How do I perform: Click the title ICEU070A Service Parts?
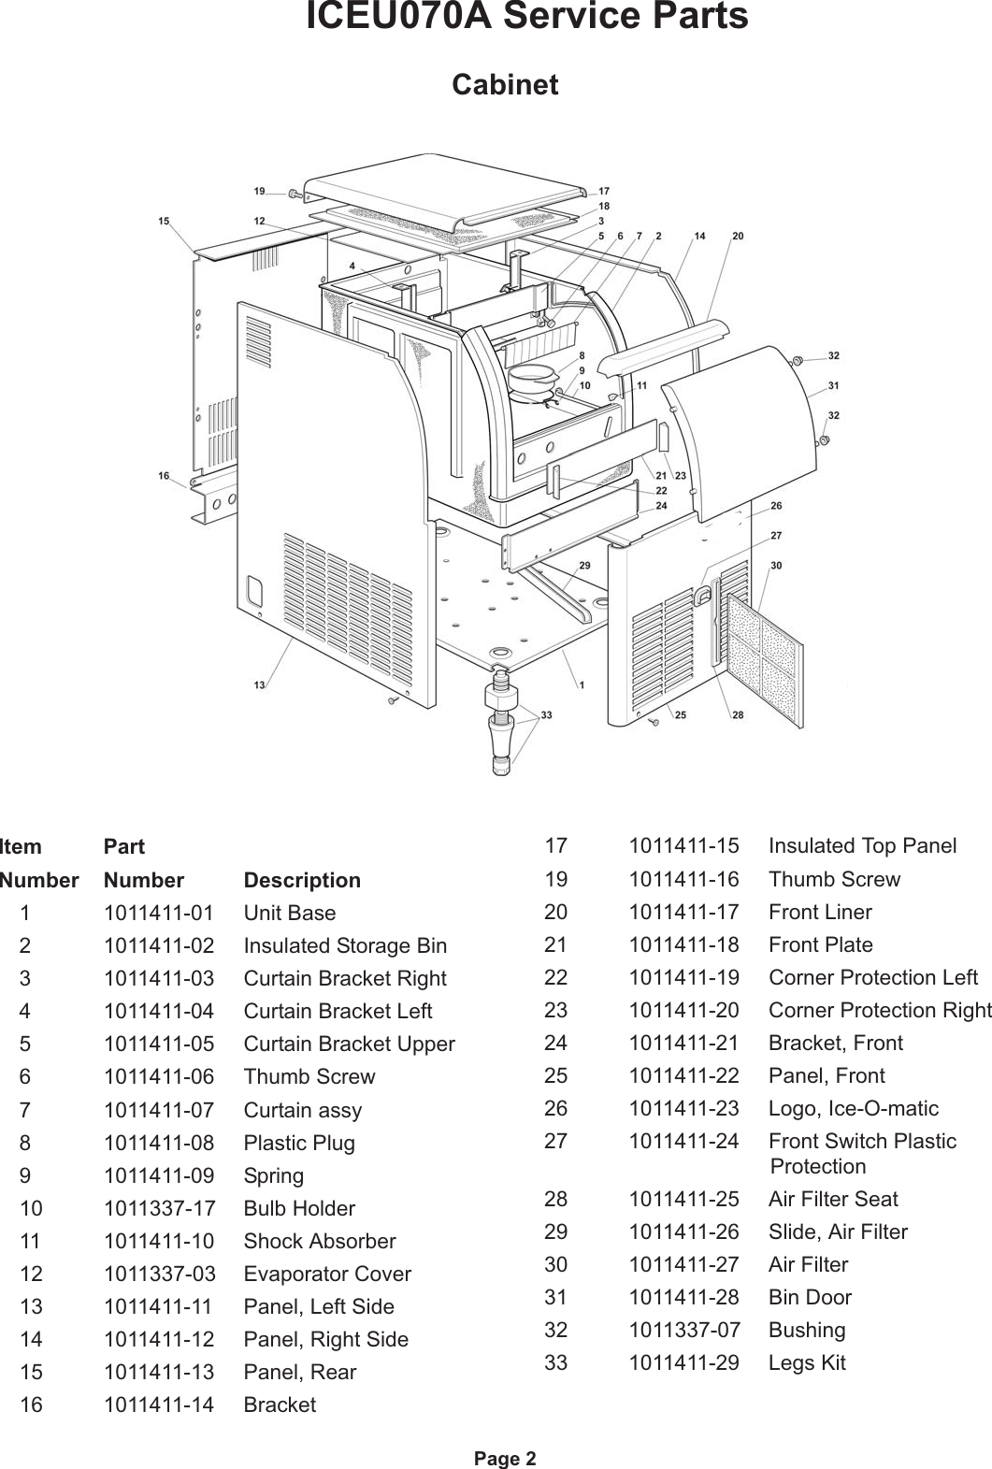point(526,18)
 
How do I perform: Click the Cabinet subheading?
point(505,85)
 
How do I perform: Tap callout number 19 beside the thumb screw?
point(260,191)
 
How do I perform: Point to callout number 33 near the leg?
point(546,714)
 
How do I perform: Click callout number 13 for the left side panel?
point(259,685)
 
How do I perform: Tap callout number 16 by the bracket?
point(164,476)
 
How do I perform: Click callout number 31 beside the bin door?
point(833,385)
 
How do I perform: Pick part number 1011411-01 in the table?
point(158,913)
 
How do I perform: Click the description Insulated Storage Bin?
point(345,945)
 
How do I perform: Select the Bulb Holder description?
point(299,1208)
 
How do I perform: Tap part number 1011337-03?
point(158,1274)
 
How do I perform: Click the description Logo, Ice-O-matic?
point(853,1108)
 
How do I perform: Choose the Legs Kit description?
point(806,1362)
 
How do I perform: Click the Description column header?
point(301,880)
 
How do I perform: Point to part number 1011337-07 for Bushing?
point(683,1330)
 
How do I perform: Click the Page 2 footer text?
point(505,1458)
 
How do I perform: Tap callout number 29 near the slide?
point(584,566)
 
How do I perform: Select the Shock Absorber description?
point(319,1241)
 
